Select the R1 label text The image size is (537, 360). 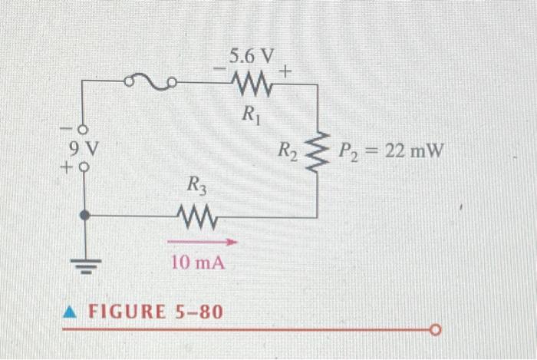[x=251, y=114]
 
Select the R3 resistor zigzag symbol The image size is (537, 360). [x=198, y=217]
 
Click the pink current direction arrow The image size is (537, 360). [x=203, y=242]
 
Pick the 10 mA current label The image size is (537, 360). [x=198, y=263]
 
